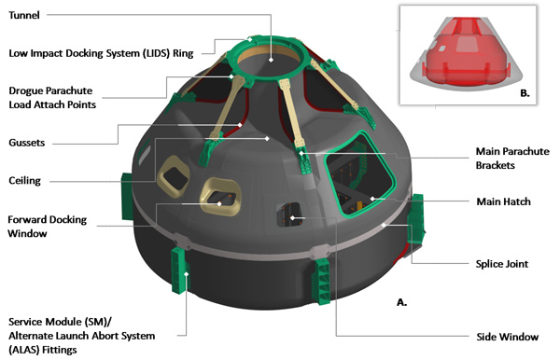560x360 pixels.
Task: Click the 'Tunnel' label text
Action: [x=24, y=15]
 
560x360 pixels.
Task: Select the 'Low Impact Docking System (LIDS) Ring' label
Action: [x=101, y=53]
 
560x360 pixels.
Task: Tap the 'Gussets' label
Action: [x=27, y=143]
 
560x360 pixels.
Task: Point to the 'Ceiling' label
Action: [x=24, y=181]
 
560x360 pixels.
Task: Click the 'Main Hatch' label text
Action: [x=504, y=201]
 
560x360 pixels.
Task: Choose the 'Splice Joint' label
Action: [x=502, y=264]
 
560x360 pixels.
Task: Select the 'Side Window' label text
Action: [x=507, y=337]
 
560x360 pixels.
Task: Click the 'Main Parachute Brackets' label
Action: [x=512, y=158]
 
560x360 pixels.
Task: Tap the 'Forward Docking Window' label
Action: [x=48, y=227]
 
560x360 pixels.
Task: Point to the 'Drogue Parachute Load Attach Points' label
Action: [x=52, y=97]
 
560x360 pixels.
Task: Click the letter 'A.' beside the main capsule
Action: [x=401, y=302]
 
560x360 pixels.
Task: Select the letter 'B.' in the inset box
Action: [x=525, y=93]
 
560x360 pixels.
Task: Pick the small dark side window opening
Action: [x=288, y=215]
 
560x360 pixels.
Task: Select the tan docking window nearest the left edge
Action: [x=173, y=176]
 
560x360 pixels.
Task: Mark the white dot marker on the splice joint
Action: [x=384, y=225]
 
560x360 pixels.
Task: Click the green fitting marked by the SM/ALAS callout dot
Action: [x=180, y=270]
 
